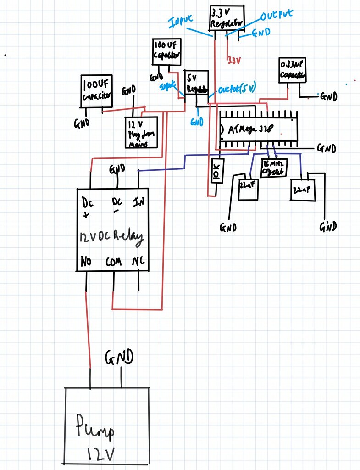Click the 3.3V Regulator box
tap(227, 19)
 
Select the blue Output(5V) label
tap(237, 88)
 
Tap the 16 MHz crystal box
tap(272, 168)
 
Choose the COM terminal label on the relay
tap(113, 262)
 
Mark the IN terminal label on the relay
tap(137, 201)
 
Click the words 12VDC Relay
tap(111, 237)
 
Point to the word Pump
tap(94, 425)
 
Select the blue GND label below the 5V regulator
tap(196, 122)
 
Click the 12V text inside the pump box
tap(102, 453)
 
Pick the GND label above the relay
tap(117, 169)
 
